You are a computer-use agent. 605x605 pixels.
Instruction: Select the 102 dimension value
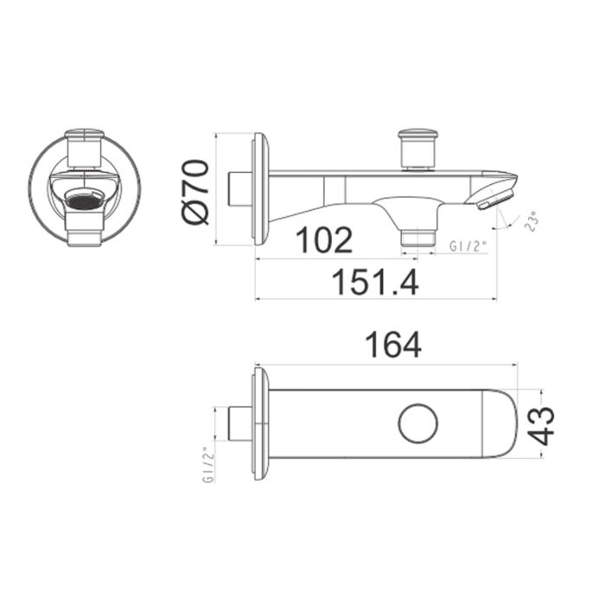coord(324,240)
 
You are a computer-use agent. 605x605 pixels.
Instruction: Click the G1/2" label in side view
coord(468,246)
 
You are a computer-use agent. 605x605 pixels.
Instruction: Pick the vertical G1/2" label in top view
coord(207,464)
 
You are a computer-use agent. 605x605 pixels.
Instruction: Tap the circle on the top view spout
coord(418,423)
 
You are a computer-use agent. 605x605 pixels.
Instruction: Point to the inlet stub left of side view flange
coord(238,188)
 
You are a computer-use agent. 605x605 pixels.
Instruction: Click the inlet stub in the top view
coord(238,423)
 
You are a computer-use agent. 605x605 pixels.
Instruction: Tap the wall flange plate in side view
coord(259,188)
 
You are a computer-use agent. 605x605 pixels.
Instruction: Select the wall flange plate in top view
coord(259,423)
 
